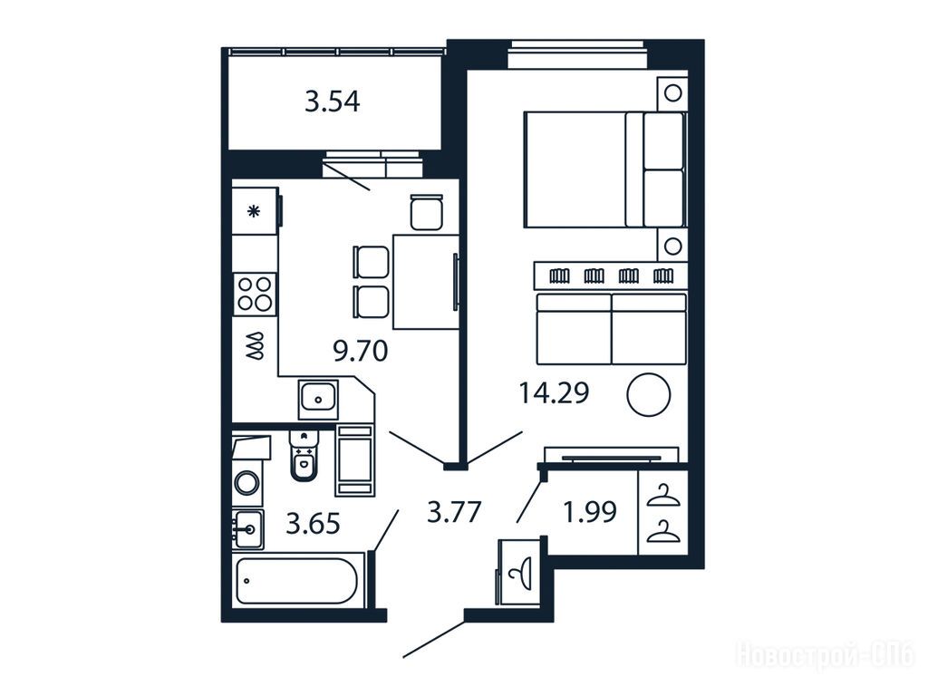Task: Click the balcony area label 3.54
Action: click(x=332, y=101)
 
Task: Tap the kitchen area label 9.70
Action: click(x=361, y=351)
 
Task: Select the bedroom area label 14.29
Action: click(x=554, y=392)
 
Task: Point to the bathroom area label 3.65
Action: click(x=313, y=524)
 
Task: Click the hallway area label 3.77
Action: click(x=454, y=512)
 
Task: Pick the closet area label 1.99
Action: click(x=590, y=512)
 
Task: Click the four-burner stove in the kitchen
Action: click(x=255, y=294)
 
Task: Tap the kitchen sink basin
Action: click(x=318, y=399)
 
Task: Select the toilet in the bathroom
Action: click(x=304, y=456)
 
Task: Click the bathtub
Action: click(x=296, y=581)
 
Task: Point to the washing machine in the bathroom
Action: click(x=246, y=482)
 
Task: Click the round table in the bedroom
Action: click(x=649, y=395)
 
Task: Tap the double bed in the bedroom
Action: click(x=604, y=169)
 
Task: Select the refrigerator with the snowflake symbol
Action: click(x=255, y=210)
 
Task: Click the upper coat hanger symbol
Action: click(x=663, y=496)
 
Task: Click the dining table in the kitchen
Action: click(x=426, y=282)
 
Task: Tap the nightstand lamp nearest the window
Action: click(x=672, y=93)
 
